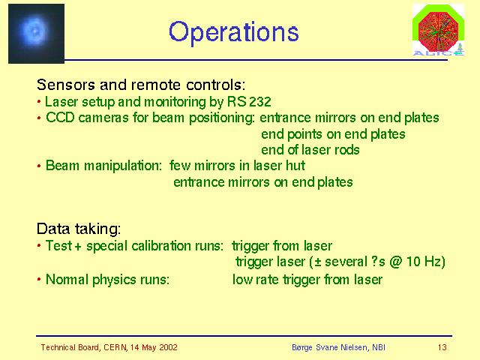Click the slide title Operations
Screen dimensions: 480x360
click(233, 32)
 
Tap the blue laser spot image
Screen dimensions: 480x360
click(36, 34)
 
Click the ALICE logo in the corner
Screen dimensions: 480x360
click(438, 30)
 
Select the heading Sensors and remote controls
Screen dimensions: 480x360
click(141, 85)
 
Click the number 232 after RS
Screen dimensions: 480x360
click(260, 102)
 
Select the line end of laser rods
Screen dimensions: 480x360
click(310, 150)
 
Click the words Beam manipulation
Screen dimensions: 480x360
click(103, 166)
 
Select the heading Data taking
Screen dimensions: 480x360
click(79, 229)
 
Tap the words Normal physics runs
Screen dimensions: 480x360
click(107, 280)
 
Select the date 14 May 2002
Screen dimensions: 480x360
click(154, 347)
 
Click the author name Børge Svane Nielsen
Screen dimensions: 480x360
click(330, 347)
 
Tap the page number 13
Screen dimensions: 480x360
click(442, 347)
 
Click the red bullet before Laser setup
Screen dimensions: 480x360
click(39, 101)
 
